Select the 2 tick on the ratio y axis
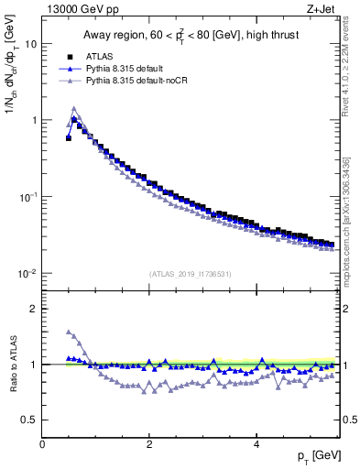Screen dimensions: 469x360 click(33, 309)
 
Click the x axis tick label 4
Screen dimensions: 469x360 click(256, 444)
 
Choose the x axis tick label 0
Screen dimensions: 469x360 click(42, 444)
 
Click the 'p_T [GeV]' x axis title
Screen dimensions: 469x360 click(314, 455)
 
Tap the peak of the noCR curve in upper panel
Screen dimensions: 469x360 click(74, 109)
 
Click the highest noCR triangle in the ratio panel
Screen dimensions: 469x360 click(69, 332)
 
